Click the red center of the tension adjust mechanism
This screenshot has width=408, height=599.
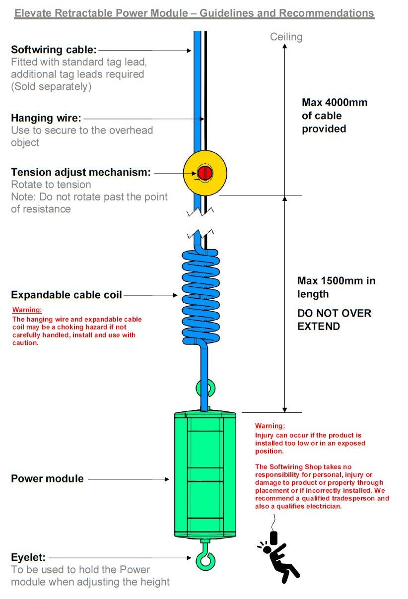point(204,173)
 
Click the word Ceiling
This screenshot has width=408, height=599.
point(286,37)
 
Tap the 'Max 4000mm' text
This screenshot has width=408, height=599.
point(334,103)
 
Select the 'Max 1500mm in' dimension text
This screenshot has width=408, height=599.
point(336,280)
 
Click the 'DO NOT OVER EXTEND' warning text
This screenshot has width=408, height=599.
point(334,320)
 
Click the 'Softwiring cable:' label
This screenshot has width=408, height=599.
point(54,50)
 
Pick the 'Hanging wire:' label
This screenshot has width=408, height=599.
point(46,118)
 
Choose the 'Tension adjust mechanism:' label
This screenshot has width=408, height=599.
point(80,172)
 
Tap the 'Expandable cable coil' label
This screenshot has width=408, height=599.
point(66,295)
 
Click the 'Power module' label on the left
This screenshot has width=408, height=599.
point(47,479)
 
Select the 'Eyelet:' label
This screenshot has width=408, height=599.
point(28,557)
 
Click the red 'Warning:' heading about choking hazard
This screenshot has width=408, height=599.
point(27,310)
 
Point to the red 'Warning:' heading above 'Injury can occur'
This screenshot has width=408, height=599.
point(270,426)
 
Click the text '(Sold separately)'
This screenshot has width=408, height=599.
point(51,86)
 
